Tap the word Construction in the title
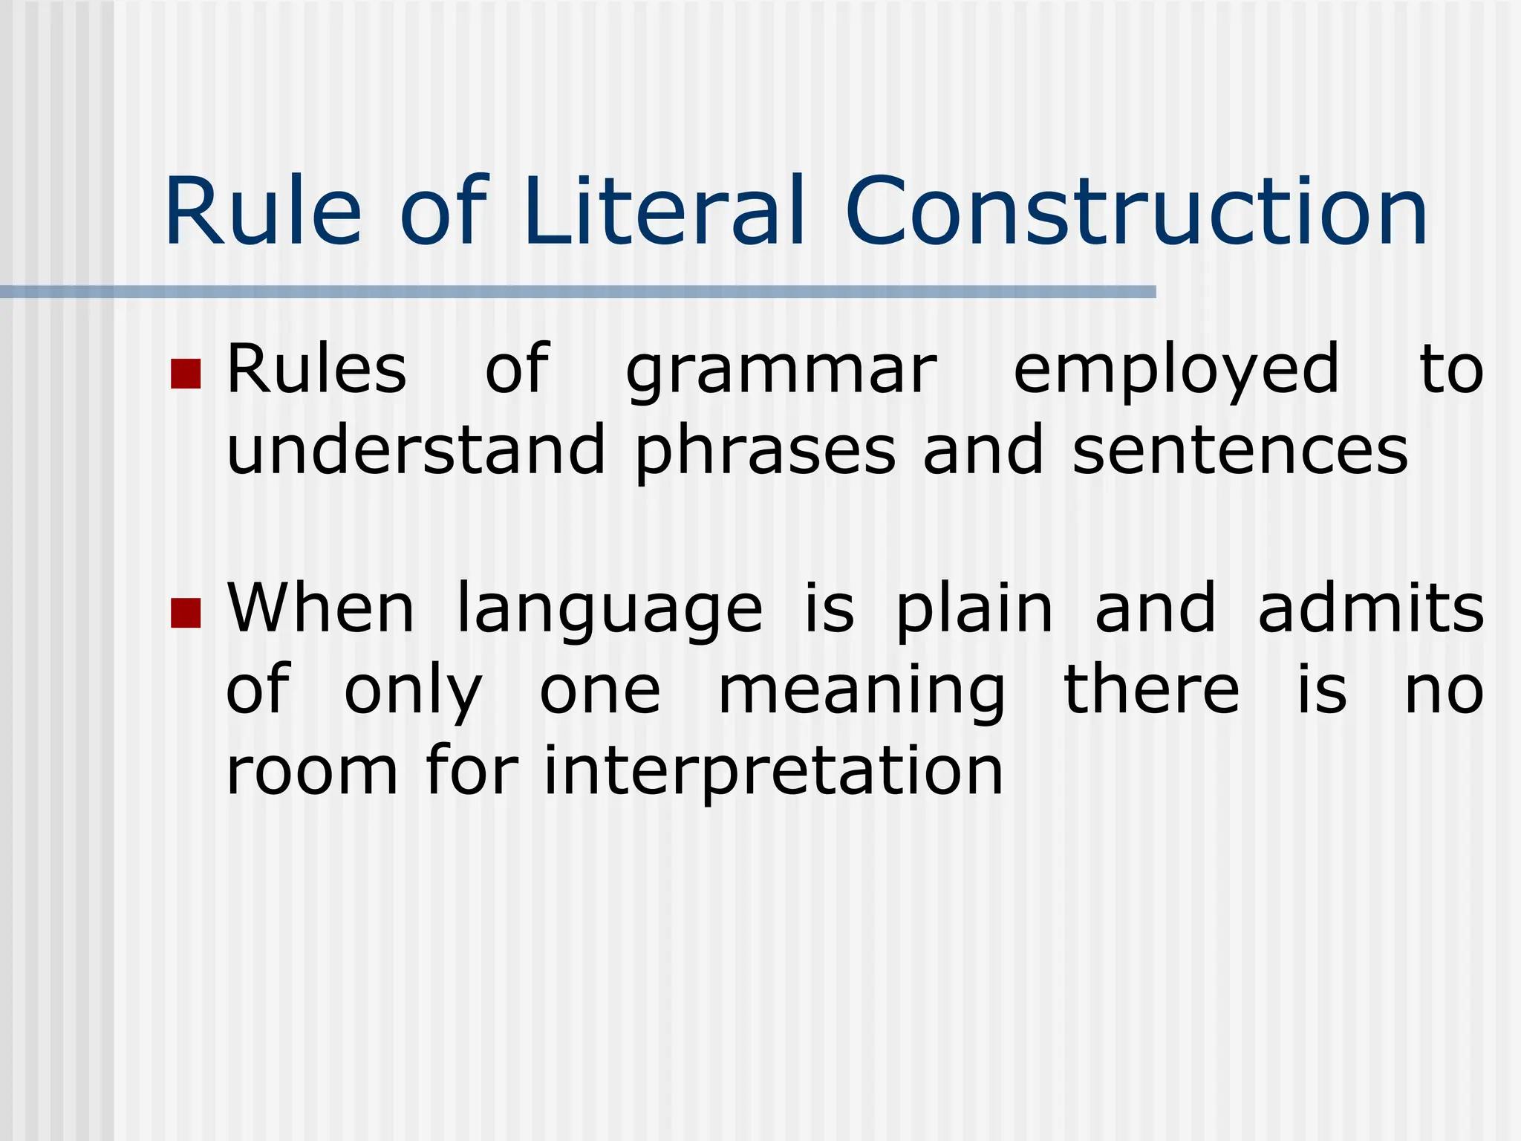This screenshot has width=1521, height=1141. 1136,211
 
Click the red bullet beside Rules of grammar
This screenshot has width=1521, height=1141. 186,374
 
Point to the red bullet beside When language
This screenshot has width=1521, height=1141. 186,613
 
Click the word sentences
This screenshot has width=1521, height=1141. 1240,452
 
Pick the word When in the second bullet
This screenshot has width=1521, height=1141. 320,609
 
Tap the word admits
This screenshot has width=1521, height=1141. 1371,609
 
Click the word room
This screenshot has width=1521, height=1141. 312,773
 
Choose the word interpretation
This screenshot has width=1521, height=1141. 773,773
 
